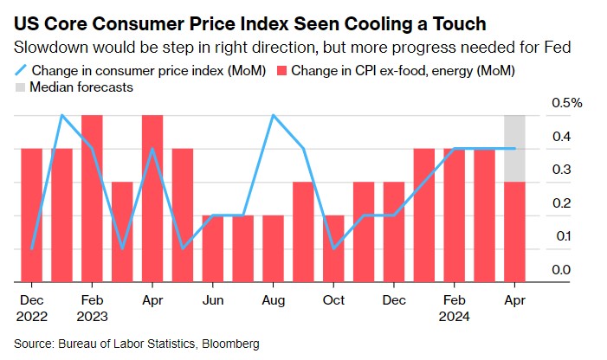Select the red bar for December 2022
[x=31, y=215]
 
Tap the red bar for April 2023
[x=152, y=199]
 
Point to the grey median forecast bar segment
[x=515, y=148]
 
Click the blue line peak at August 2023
[x=274, y=115]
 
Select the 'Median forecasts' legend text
[x=81, y=87]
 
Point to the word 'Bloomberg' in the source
[x=230, y=344]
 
